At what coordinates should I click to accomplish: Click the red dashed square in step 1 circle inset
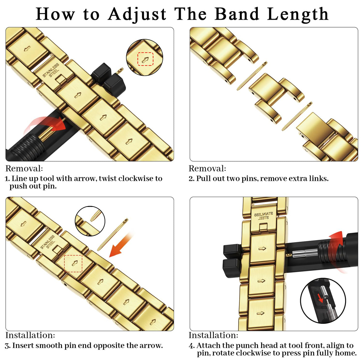pyautogui.click(x=145, y=59)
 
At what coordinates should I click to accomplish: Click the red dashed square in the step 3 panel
pyautogui.click(x=73, y=263)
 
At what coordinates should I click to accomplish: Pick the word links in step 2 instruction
pyautogui.click(x=319, y=178)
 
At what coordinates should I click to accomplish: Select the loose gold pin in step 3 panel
pyautogui.click(x=113, y=235)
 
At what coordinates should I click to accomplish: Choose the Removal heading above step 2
pyautogui.click(x=207, y=169)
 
